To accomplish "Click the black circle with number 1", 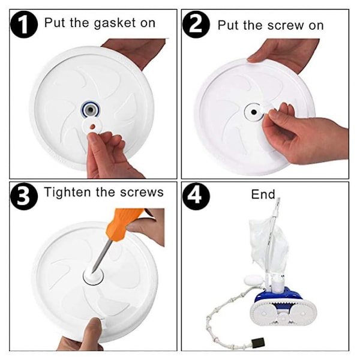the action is click(x=24, y=25).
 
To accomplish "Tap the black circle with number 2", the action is click(x=196, y=25).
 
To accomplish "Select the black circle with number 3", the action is click(x=24, y=196).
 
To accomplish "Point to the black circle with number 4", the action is click(x=196, y=196).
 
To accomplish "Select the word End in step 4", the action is click(x=263, y=194).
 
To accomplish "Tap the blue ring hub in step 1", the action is click(x=91, y=110).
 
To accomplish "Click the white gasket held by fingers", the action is click(x=92, y=126).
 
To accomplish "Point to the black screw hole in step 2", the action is click(x=254, y=112).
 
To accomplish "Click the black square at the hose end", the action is click(x=258, y=343).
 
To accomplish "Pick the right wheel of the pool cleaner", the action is click(x=303, y=313).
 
